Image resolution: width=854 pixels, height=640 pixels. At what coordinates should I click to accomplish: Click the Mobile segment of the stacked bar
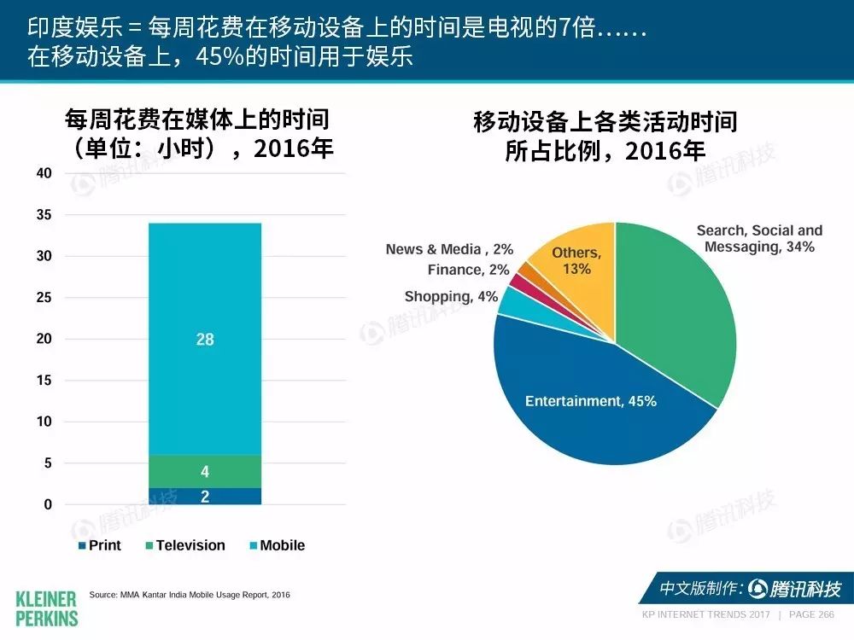pos(205,339)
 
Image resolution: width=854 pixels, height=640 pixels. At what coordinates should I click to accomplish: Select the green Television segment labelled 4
pos(205,471)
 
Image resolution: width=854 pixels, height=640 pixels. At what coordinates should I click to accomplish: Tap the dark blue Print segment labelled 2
pos(205,497)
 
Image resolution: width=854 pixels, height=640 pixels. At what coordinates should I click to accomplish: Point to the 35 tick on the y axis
pos(44,214)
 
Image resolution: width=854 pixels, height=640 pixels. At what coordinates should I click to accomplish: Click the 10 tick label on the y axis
pos(44,422)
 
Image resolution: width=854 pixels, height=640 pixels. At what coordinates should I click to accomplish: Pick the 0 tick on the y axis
pos(48,504)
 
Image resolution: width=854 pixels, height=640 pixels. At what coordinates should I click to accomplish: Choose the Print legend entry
pos(100,545)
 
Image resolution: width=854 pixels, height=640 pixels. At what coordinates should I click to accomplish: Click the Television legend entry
pos(185,545)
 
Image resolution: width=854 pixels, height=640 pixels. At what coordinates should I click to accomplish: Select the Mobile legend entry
pos(278,545)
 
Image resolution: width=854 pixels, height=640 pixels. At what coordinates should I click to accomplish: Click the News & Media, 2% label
pos(449,249)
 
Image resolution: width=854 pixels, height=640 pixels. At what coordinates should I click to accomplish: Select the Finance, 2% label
pos(468,270)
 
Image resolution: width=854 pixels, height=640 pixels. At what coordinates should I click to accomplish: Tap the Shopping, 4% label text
pos(451,297)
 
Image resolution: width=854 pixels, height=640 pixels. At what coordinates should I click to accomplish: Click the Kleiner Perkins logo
pos(47,609)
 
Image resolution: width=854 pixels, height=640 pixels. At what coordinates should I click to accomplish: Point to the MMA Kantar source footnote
pos(190,595)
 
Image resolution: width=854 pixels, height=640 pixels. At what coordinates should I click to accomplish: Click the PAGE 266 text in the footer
pos(811,614)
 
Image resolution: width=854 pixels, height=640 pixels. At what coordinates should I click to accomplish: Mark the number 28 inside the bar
pos(205,339)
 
